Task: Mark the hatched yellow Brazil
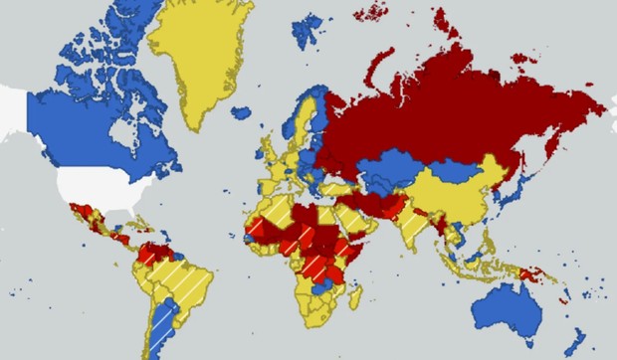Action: (184, 283)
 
